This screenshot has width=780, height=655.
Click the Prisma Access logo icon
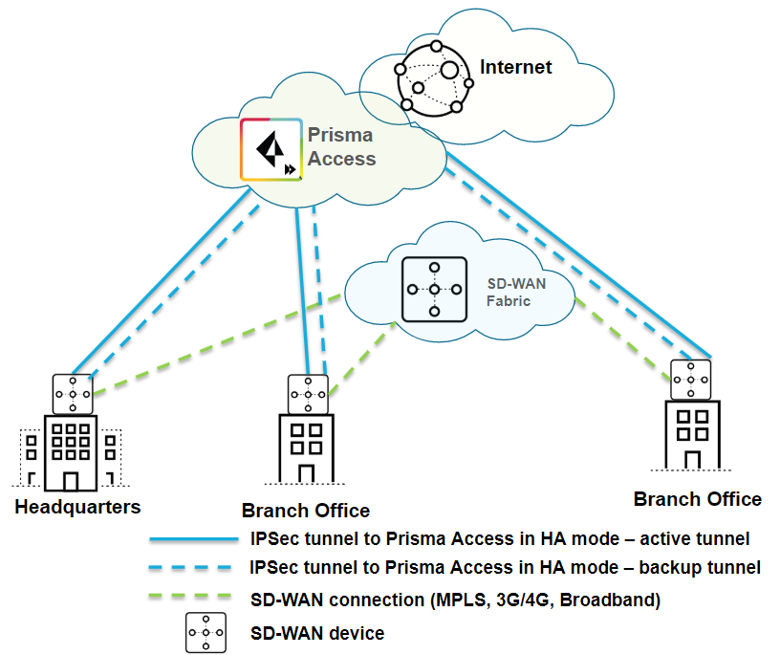[x=272, y=149]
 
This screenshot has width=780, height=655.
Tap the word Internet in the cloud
[x=516, y=67]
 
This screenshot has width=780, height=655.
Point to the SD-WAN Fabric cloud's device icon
[x=433, y=288]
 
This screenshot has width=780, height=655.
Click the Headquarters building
[x=70, y=450]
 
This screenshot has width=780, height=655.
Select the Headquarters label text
[x=77, y=507]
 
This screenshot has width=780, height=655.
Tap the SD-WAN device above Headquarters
[x=73, y=394]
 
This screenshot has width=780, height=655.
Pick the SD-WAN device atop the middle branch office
[x=308, y=394]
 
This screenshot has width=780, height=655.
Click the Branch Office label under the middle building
[x=306, y=511]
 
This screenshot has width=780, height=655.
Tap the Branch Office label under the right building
[x=698, y=499]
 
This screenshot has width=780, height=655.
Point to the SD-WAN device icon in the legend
[x=206, y=633]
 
